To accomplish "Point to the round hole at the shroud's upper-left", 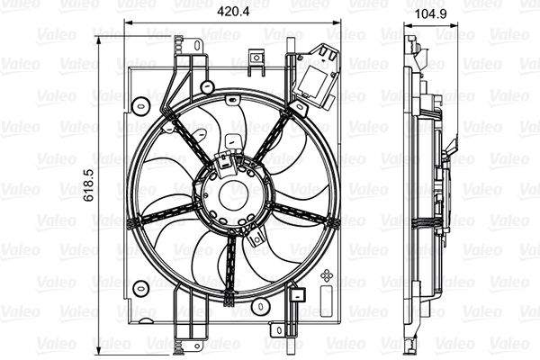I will coord(140,106).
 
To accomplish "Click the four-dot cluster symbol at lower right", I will coord(328,275).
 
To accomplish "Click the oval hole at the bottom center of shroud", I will coord(260,308).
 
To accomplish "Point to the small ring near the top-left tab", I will coord(208,87).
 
